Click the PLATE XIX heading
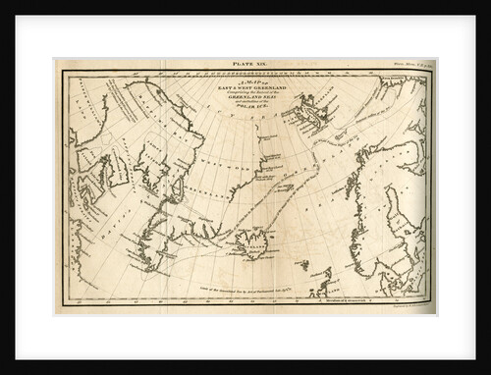(x=245, y=63)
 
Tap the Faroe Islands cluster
(x=302, y=264)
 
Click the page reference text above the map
(x=409, y=65)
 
